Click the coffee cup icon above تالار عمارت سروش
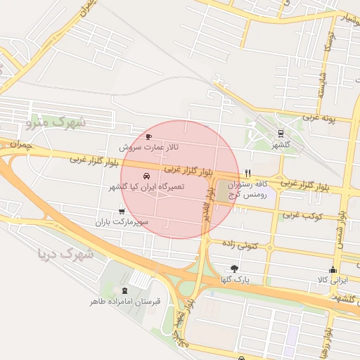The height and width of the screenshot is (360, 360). tap(148, 136)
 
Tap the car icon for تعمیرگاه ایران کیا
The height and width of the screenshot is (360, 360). tap(146, 176)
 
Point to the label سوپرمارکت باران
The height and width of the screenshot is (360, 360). tap(124, 222)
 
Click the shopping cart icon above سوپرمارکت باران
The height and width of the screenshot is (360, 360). tap(122, 211)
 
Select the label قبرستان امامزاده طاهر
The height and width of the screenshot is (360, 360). tap(125, 302)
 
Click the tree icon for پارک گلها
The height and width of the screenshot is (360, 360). tap(234, 268)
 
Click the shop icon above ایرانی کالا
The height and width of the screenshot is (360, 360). tap(333, 270)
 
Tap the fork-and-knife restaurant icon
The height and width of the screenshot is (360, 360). tap(247, 172)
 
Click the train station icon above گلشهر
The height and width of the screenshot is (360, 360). tap(281, 133)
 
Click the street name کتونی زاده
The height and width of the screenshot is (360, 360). tap(241, 243)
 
